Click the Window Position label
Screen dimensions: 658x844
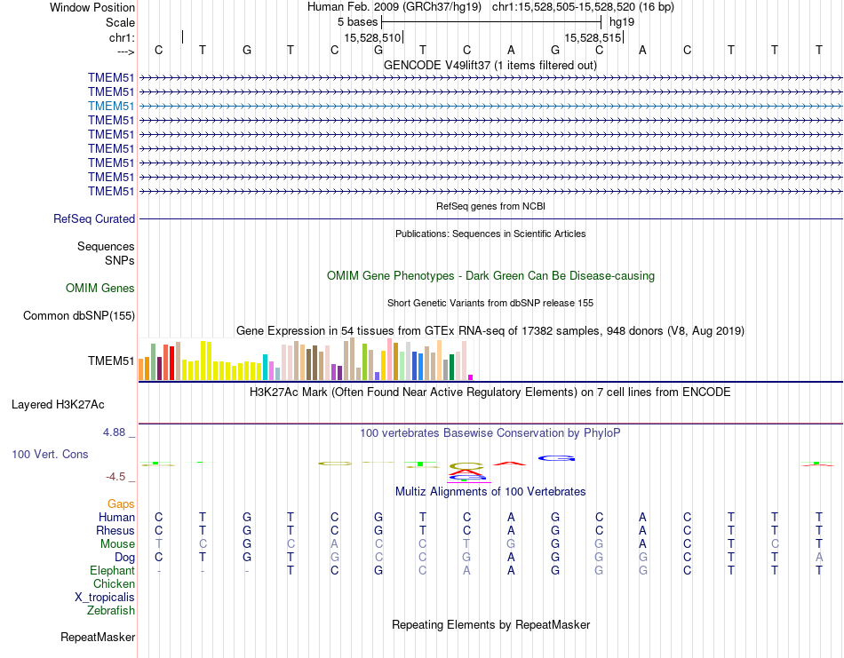point(92,7)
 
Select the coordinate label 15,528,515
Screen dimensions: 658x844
point(592,37)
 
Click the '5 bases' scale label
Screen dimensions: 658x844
point(357,21)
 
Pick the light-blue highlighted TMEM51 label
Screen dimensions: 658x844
point(111,106)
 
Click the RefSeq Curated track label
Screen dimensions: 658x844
point(94,218)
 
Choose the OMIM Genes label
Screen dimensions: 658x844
point(100,288)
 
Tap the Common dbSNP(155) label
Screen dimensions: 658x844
point(79,315)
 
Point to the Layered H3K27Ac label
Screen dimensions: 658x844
point(58,405)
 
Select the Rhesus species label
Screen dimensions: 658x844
point(115,531)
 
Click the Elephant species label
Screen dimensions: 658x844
point(112,571)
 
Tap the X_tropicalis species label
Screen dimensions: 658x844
point(105,598)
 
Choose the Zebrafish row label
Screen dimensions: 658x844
point(111,611)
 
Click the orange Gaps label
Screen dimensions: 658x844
point(121,504)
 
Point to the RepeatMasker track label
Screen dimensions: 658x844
point(98,638)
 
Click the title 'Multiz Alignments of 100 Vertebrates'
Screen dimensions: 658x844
point(490,491)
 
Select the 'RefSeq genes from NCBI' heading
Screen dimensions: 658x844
point(490,206)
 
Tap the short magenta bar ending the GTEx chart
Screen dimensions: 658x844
point(471,377)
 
